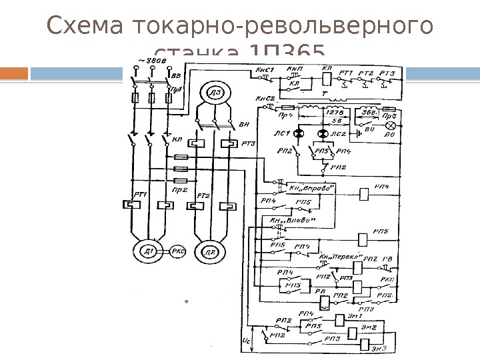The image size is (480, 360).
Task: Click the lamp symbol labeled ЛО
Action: point(391,125)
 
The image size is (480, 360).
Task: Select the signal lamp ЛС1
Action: point(299,134)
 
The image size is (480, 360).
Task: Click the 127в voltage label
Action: point(333,113)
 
